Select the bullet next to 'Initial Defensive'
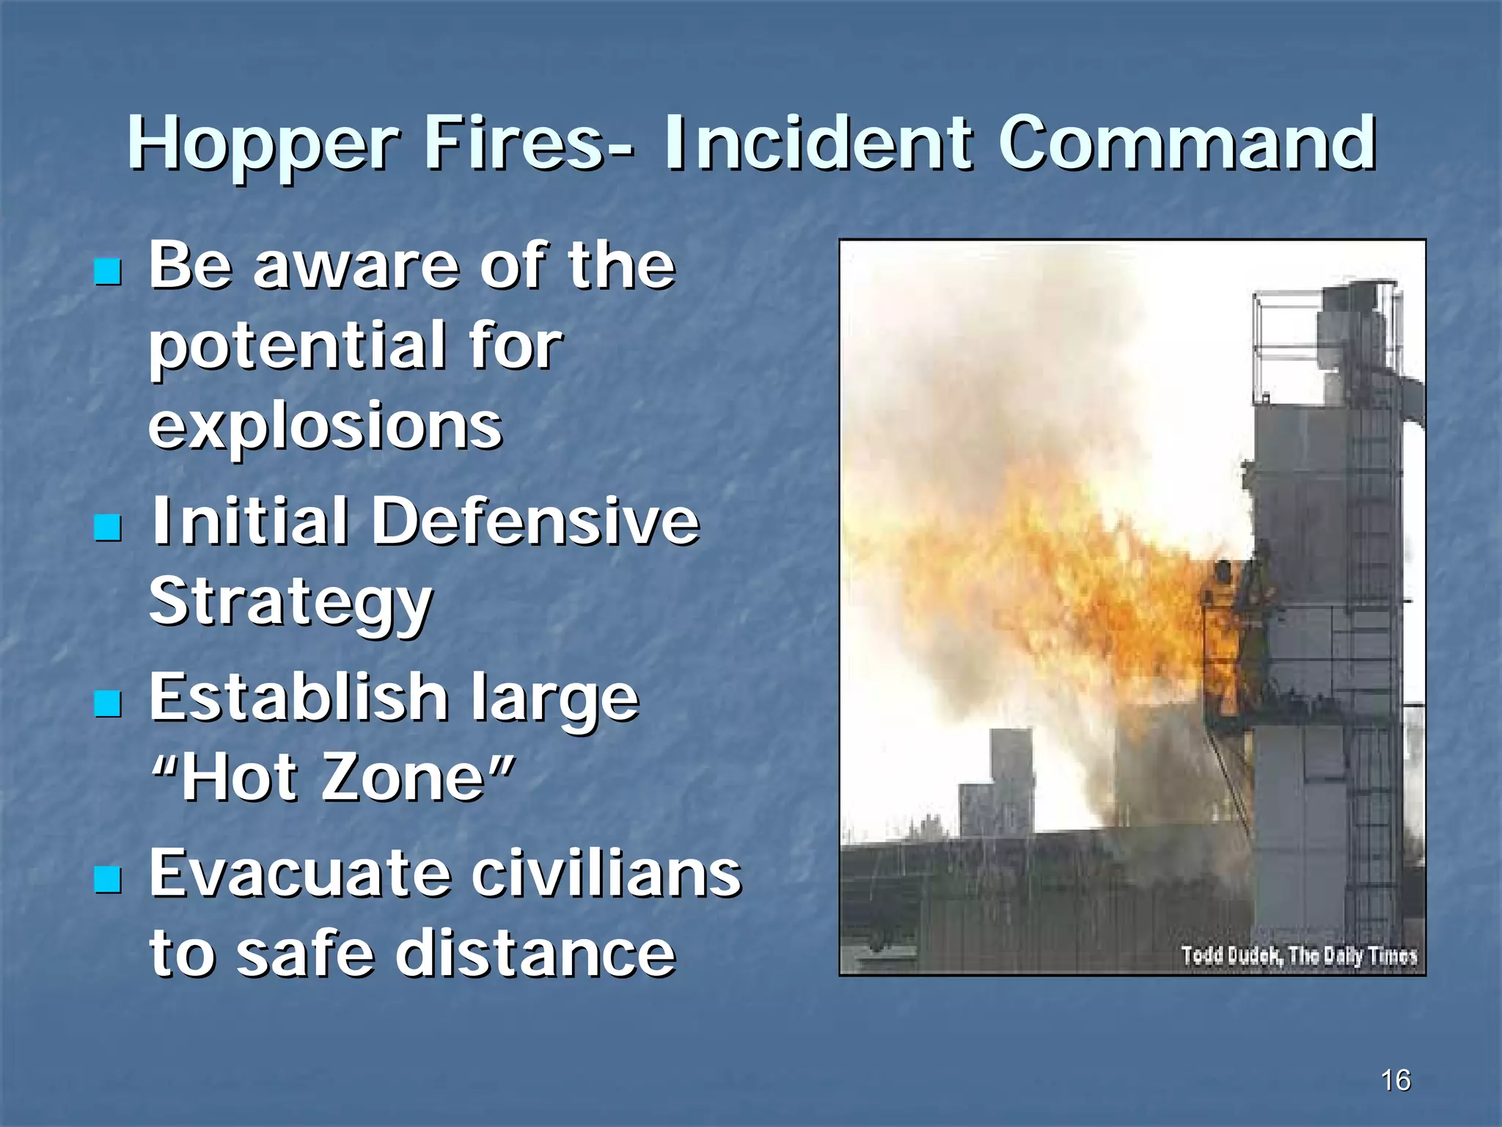click(108, 526)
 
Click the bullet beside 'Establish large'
click(108, 703)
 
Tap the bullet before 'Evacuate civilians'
click(108, 878)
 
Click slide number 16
click(1395, 1080)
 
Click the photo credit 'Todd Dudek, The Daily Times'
click(1298, 955)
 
